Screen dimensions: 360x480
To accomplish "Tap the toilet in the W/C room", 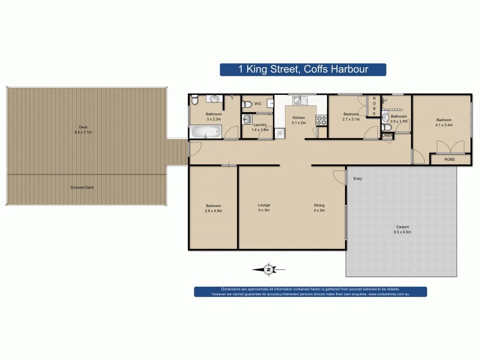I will point(247,104).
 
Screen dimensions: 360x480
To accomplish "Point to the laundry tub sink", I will point(247,119).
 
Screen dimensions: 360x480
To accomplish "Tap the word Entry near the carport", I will point(358,178).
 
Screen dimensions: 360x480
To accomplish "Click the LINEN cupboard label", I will point(388,136).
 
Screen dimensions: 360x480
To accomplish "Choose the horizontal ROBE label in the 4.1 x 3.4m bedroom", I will point(449,160).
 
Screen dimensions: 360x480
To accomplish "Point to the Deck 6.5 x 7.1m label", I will point(85,128).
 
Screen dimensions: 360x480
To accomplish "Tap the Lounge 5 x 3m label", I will point(263,208).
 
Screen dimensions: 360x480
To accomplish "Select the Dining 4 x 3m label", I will point(319,208).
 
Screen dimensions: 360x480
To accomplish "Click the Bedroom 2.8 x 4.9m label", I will point(213,208).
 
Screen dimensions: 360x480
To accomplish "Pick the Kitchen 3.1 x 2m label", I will point(298,120).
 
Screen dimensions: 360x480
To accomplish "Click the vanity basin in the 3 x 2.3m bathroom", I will point(214,98).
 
